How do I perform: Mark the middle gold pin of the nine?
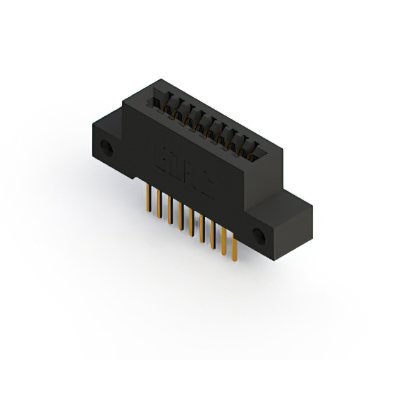[x=192, y=224]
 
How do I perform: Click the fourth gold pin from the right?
[x=203, y=230]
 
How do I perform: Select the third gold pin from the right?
[x=213, y=238]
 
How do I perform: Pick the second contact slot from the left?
[x=169, y=107]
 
